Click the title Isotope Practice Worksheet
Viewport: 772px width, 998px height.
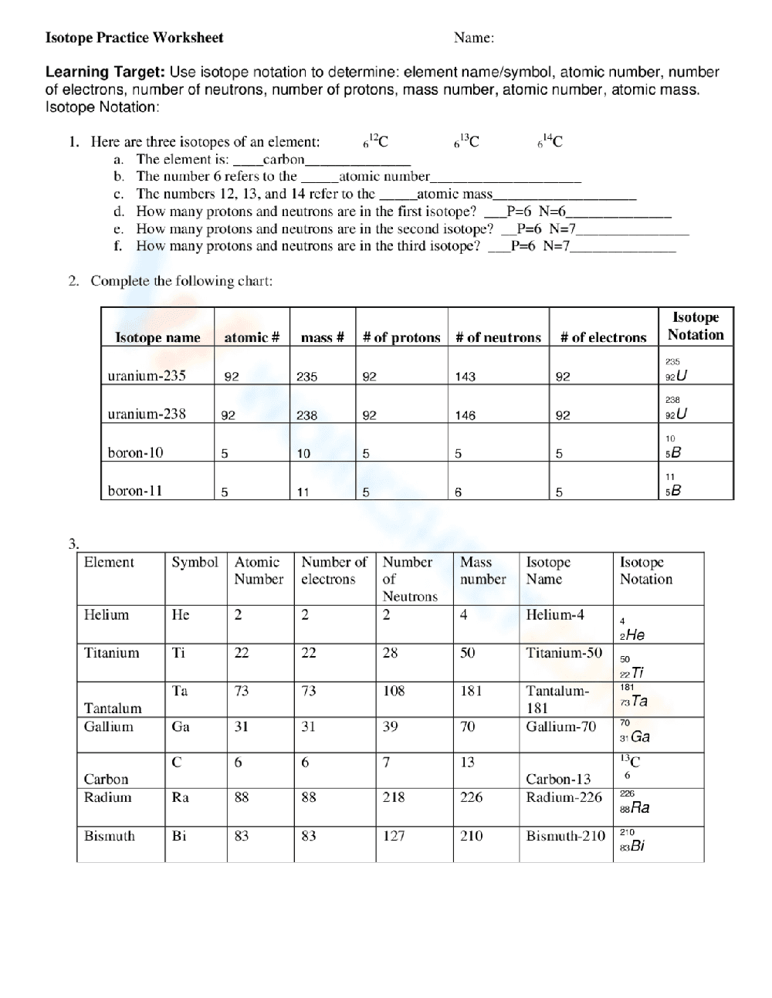pyautogui.click(x=134, y=37)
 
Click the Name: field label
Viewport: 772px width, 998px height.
pyautogui.click(x=473, y=37)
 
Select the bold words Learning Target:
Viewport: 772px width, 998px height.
pyautogui.click(x=105, y=73)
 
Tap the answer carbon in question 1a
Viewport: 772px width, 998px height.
pyautogui.click(x=283, y=160)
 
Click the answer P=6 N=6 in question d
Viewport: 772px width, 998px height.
pyautogui.click(x=537, y=211)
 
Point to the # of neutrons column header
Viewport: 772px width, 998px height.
pyautogui.click(x=498, y=337)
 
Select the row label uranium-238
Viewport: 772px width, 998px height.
pyautogui.click(x=147, y=414)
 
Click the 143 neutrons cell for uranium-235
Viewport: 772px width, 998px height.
pyautogui.click(x=466, y=377)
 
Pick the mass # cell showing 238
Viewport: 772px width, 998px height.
pyautogui.click(x=306, y=415)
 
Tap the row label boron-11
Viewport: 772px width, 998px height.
pyautogui.click(x=135, y=491)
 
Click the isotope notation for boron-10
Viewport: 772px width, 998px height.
pyautogui.click(x=673, y=447)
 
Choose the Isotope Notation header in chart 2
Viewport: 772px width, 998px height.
pyautogui.click(x=695, y=326)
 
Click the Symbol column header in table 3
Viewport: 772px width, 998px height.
pyautogui.click(x=195, y=563)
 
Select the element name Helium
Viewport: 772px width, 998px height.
pyautogui.click(x=107, y=615)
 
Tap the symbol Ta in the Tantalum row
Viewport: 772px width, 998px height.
pyautogui.click(x=180, y=691)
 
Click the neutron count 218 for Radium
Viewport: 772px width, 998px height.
pyautogui.click(x=394, y=797)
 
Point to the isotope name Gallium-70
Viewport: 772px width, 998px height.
pyautogui.click(x=560, y=726)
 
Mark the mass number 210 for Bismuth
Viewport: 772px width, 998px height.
pyautogui.click(x=471, y=836)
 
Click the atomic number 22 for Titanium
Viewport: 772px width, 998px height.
pyautogui.click(x=242, y=653)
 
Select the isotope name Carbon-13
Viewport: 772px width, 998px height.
pyautogui.click(x=558, y=779)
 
